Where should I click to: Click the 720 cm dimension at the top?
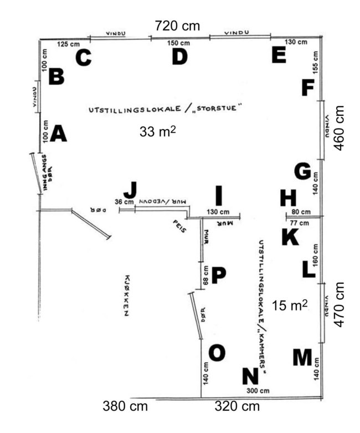tap(177, 26)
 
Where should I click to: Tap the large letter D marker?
tap(179, 57)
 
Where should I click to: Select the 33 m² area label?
tap(157, 131)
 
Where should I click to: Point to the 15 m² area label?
tap(290, 305)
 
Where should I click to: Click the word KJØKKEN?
tap(126, 296)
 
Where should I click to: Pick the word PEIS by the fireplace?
tap(179, 226)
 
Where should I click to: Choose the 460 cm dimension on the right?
tap(339, 128)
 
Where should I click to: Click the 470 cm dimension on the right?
tap(339, 304)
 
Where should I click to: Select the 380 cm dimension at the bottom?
tap(125, 406)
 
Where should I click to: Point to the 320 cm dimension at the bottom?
tap(237, 406)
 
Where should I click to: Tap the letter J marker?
tap(130, 190)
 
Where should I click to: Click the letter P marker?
tap(219, 275)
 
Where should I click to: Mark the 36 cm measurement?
tap(124, 202)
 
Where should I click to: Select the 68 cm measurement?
tap(206, 275)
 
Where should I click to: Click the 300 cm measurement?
tap(258, 391)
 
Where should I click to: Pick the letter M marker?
tap(302, 357)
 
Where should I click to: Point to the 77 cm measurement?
tap(299, 222)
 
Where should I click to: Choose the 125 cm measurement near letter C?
tap(69, 44)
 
